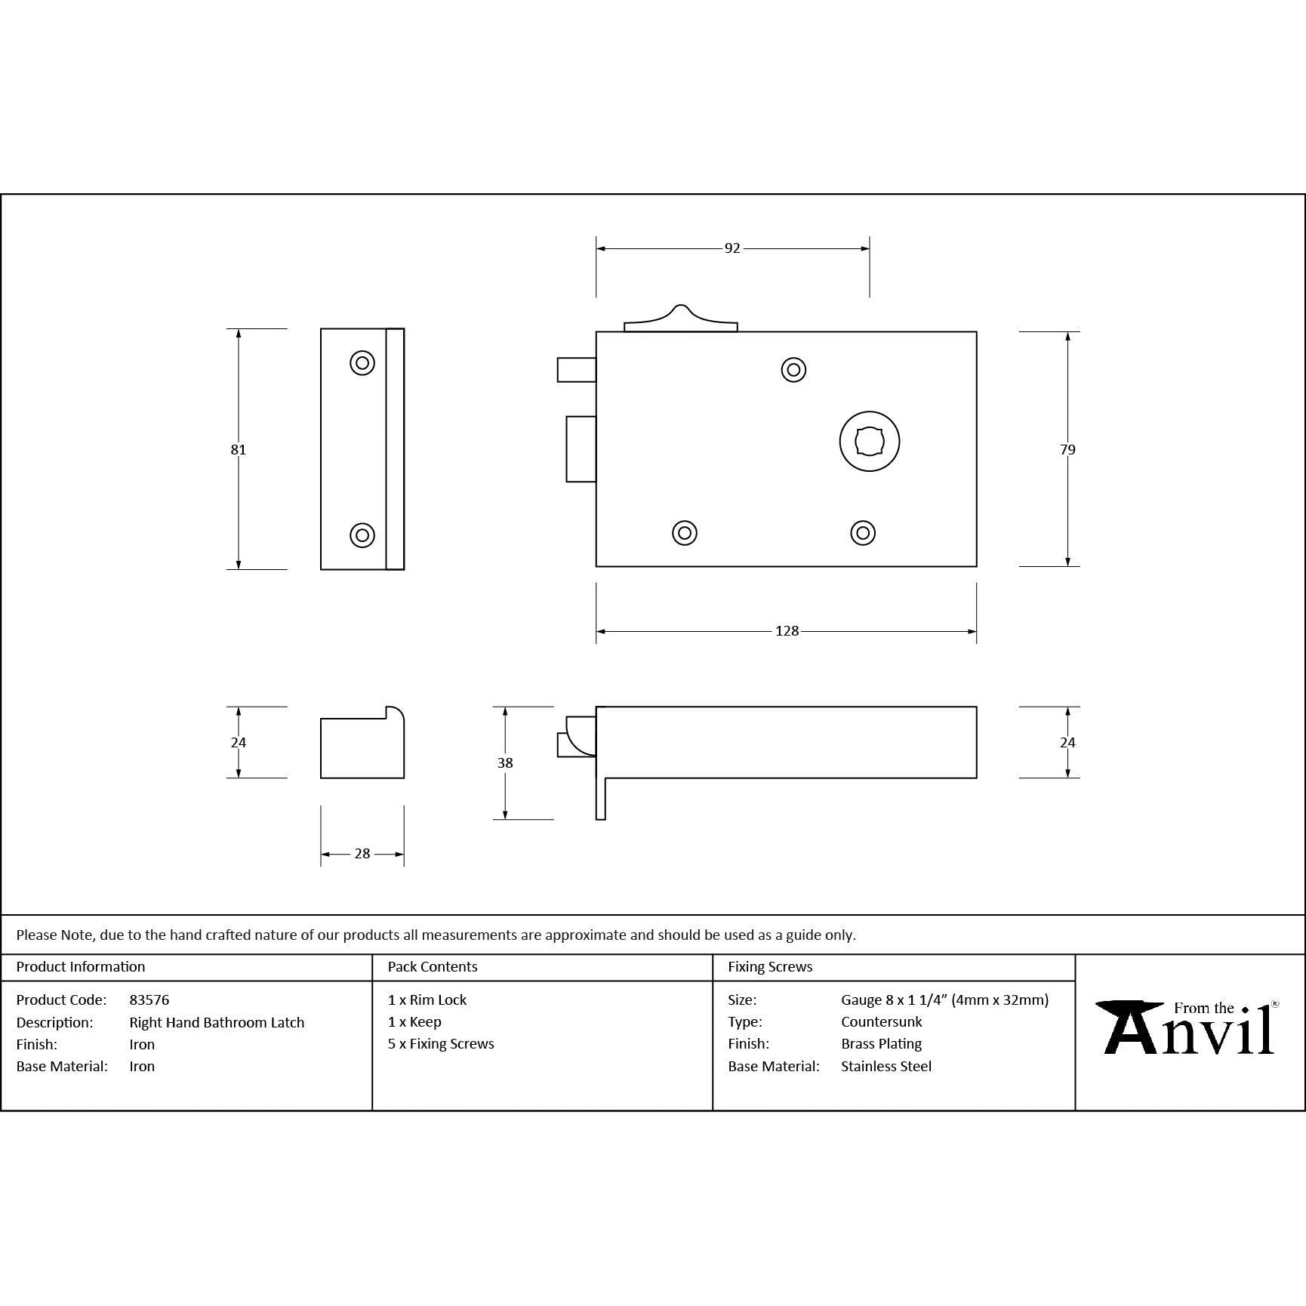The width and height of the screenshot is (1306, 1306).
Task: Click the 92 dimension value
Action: point(732,248)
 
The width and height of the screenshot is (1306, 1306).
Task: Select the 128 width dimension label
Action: point(787,631)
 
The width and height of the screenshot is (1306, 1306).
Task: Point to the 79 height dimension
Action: point(1067,450)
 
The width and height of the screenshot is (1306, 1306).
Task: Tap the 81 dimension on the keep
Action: point(239,450)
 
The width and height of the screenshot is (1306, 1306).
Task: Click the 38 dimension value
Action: point(505,763)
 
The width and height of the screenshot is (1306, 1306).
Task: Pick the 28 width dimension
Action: point(362,854)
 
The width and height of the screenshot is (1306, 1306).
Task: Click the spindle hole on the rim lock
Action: point(870,442)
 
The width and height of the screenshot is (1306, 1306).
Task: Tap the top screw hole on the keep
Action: point(362,363)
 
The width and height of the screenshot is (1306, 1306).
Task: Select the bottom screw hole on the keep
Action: point(362,535)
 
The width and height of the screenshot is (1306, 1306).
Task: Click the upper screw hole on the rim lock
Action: point(793,370)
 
